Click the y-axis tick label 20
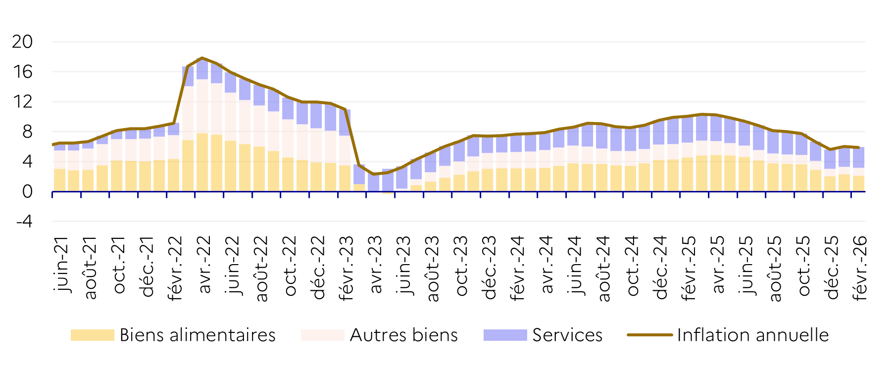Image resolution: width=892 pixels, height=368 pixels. click(x=22, y=42)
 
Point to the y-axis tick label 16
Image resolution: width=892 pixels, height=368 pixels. click(x=22, y=72)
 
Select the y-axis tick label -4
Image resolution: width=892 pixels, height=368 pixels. click(x=24, y=222)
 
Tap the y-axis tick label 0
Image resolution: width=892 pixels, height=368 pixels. click(x=27, y=192)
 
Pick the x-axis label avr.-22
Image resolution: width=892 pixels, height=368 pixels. click(x=203, y=265)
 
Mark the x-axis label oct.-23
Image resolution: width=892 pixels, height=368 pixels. click(x=460, y=266)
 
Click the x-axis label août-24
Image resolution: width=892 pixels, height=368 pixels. click(x=603, y=268)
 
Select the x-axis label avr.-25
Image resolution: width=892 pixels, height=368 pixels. click(x=717, y=265)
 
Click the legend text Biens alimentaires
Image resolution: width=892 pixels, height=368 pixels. click(x=198, y=335)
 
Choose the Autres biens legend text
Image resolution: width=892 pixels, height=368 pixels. click(x=403, y=335)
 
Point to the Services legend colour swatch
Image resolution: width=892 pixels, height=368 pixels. click(x=505, y=335)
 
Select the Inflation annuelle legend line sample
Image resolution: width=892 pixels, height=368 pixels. click(x=649, y=335)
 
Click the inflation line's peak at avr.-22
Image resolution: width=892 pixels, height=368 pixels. click(x=202, y=58)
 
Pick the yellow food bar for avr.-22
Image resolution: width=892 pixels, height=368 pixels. click(x=202, y=162)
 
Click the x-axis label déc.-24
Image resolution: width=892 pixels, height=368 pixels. click(x=660, y=268)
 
